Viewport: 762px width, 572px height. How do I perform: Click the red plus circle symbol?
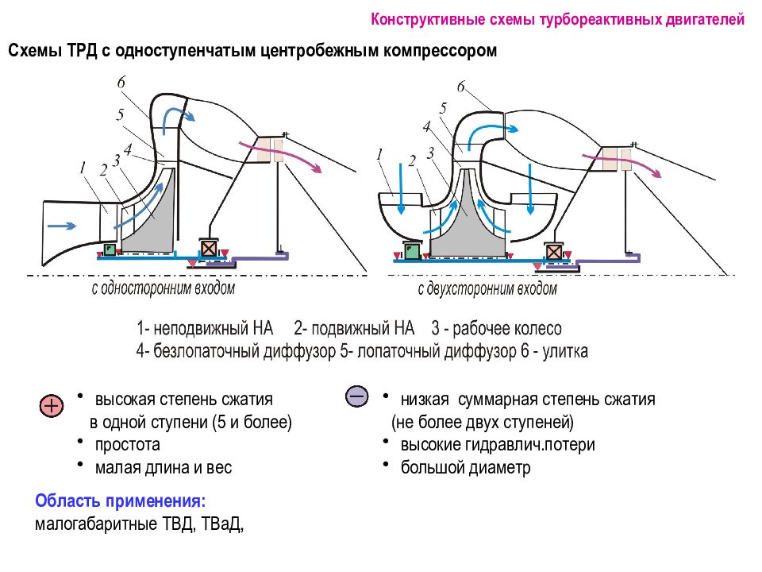pyautogui.click(x=52, y=406)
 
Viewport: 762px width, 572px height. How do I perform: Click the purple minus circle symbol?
pyautogui.click(x=357, y=396)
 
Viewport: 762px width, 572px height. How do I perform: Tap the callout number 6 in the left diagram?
pyautogui.click(x=121, y=82)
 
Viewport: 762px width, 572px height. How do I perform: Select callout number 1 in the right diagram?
pyautogui.click(x=379, y=155)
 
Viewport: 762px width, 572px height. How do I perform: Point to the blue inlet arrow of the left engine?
pyautogui.click(x=62, y=226)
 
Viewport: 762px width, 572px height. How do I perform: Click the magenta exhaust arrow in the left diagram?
pyautogui.click(x=280, y=156)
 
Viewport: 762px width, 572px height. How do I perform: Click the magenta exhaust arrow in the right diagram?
pyautogui.click(x=622, y=164)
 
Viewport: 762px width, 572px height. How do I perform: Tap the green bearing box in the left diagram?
pyautogui.click(x=110, y=249)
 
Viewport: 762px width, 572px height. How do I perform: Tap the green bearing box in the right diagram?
pyautogui.click(x=412, y=251)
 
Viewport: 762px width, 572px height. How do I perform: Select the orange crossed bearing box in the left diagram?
pyautogui.click(x=209, y=249)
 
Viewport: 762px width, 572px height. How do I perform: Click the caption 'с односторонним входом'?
pyautogui.click(x=164, y=289)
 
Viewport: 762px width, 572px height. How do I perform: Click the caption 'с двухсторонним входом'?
pyautogui.click(x=487, y=289)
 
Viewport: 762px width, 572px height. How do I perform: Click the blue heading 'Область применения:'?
pyautogui.click(x=121, y=501)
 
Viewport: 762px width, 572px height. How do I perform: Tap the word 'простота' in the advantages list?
pyautogui.click(x=127, y=445)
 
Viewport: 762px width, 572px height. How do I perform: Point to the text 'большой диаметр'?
pyautogui.click(x=466, y=467)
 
